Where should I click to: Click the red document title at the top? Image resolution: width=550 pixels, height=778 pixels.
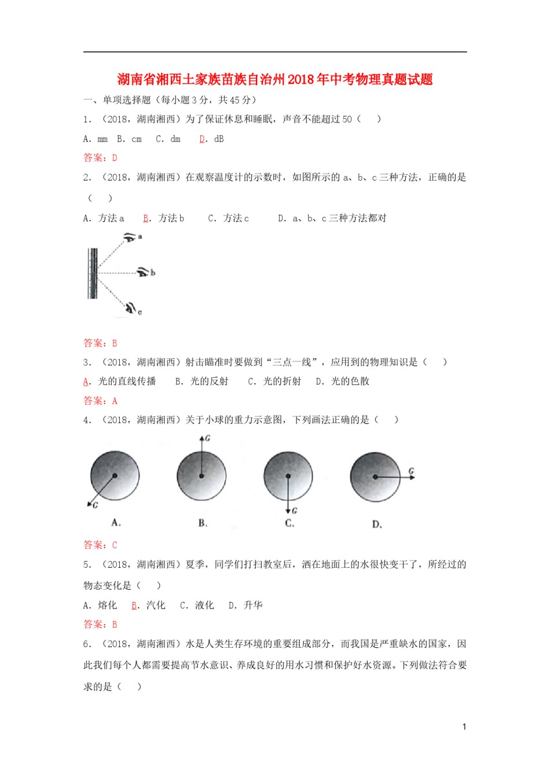[x=275, y=79]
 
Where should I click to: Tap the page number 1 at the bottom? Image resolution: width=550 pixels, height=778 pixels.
[x=464, y=726]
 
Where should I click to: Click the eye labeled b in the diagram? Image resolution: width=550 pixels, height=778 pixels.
[x=143, y=271]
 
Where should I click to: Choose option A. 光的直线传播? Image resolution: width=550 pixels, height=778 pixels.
[x=120, y=381]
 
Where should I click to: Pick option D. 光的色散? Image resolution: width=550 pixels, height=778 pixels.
[x=342, y=381]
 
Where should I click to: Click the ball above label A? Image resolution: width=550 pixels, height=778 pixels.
[x=115, y=476]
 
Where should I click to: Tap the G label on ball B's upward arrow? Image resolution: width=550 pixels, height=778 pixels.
[x=208, y=438]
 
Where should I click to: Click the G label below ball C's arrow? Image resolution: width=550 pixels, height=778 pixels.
[x=295, y=511]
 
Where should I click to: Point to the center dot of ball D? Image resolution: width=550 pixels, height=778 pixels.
[x=375, y=477]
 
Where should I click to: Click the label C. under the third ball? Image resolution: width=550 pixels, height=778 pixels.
[x=289, y=523]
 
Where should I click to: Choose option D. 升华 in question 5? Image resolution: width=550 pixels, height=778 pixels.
[x=245, y=605]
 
